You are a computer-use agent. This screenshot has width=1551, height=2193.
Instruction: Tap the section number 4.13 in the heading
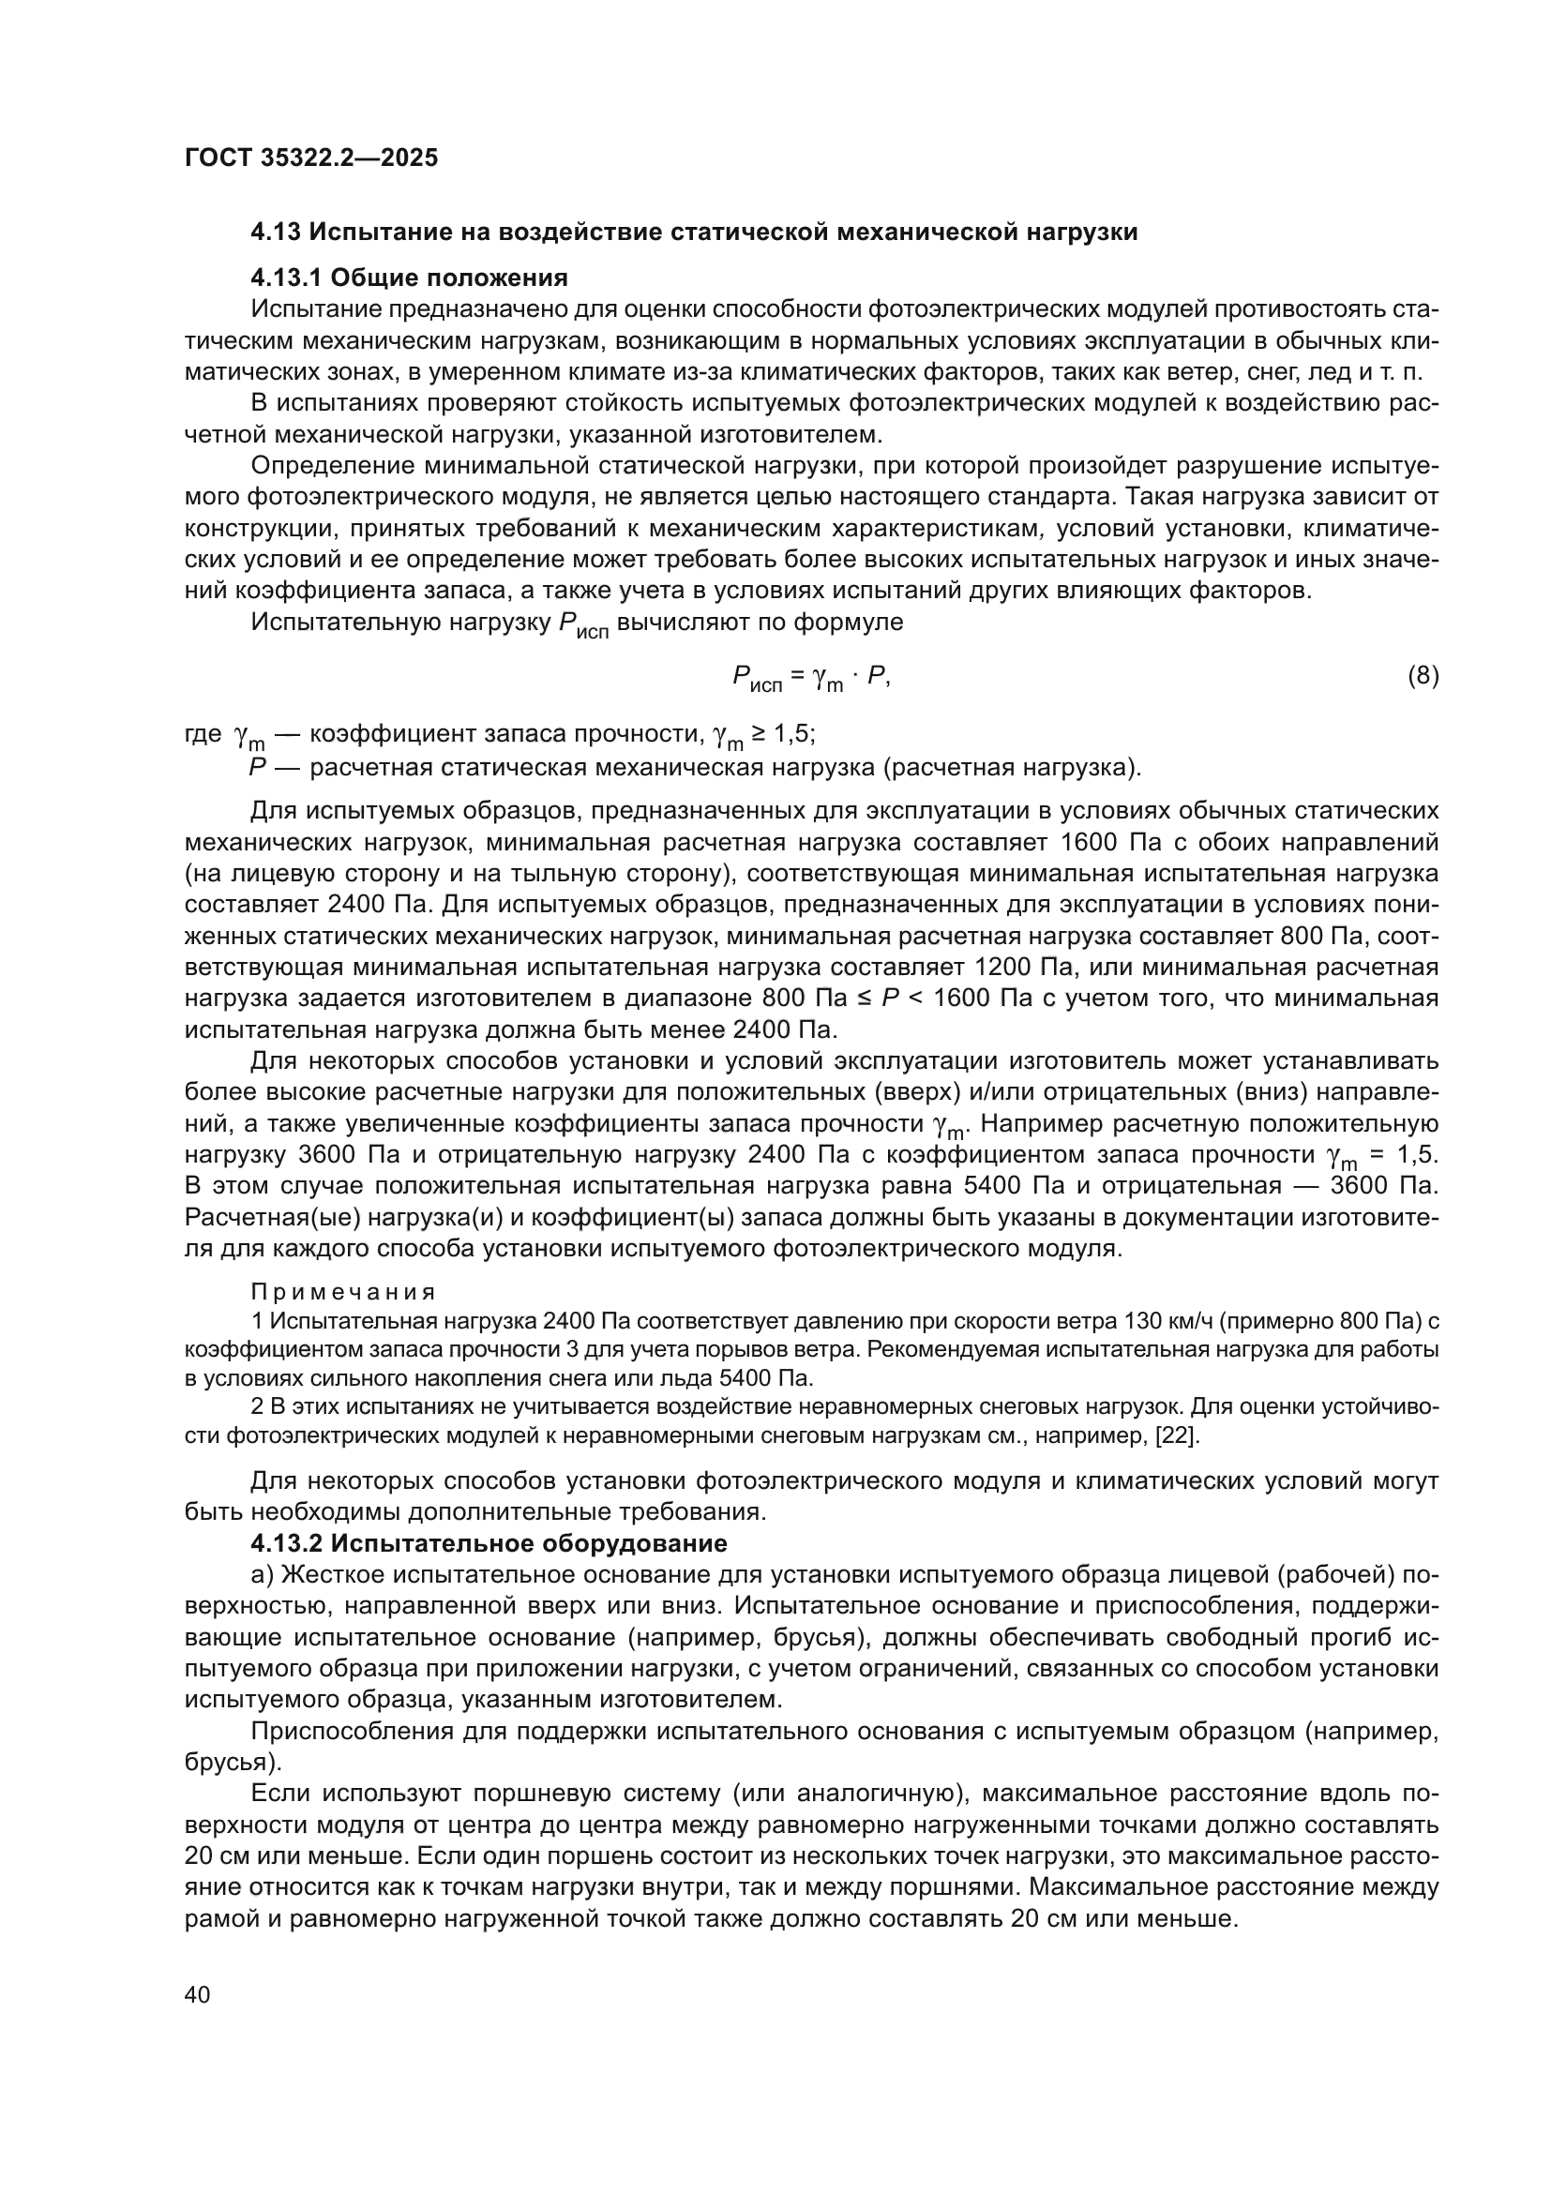click(276, 233)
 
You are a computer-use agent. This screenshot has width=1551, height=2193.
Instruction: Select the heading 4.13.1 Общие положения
click(409, 278)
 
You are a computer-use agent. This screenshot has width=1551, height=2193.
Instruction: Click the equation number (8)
click(1423, 676)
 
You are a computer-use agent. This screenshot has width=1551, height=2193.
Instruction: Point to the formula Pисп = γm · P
click(811, 679)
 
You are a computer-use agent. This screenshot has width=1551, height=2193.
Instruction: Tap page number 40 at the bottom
click(197, 1994)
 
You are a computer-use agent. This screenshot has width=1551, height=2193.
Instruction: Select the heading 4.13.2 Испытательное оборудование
click(489, 1543)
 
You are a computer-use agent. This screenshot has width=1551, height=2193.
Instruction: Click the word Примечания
click(343, 1292)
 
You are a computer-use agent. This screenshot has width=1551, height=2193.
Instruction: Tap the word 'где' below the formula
click(203, 733)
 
